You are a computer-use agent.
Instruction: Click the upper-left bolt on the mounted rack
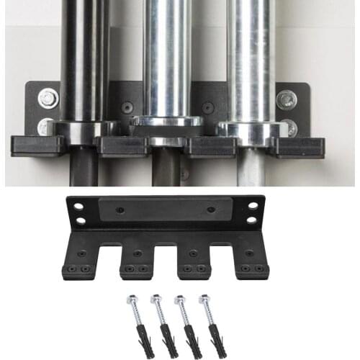tap(49, 98)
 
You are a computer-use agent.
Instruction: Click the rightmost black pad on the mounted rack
tap(297, 146)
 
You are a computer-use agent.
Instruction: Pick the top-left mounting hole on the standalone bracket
tap(78, 207)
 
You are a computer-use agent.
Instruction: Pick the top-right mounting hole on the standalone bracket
tap(253, 206)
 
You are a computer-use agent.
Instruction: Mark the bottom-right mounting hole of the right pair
tap(253, 219)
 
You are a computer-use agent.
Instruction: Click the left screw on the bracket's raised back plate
tap(120, 210)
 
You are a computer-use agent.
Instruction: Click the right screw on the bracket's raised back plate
tap(211, 210)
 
